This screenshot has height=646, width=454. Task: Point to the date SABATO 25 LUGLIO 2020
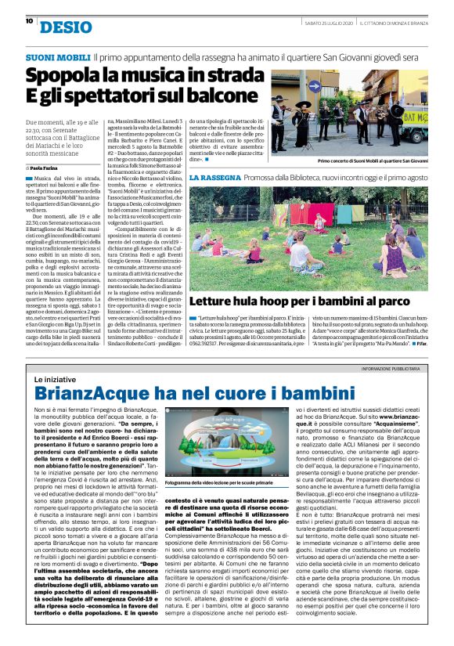(327, 22)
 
